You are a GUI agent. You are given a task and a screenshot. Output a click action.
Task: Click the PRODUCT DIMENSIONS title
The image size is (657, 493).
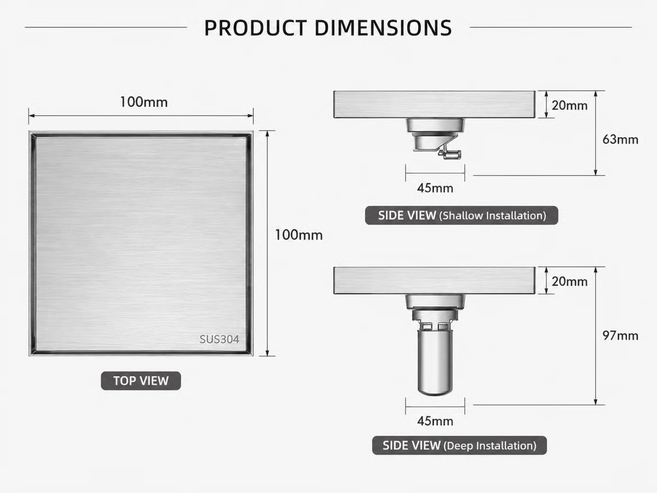point(328,28)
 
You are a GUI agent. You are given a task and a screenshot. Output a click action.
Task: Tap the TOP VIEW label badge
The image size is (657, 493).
point(141,381)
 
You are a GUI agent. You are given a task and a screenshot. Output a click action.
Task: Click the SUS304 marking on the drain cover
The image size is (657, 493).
point(219,339)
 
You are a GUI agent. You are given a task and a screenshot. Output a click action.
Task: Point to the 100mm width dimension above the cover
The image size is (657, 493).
point(144,102)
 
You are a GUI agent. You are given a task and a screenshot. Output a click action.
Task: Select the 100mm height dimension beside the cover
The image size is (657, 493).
point(299,235)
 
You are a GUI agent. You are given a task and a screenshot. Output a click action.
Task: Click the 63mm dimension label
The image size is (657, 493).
point(620,139)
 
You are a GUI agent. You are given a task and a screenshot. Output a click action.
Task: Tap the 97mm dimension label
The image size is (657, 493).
point(620,336)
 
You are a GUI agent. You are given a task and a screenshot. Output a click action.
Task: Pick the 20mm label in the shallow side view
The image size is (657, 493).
point(569,105)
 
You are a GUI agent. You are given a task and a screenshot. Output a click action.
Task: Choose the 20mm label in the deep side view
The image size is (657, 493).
point(569,282)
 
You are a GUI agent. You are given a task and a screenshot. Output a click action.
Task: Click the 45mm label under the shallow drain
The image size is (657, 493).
point(435,188)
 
